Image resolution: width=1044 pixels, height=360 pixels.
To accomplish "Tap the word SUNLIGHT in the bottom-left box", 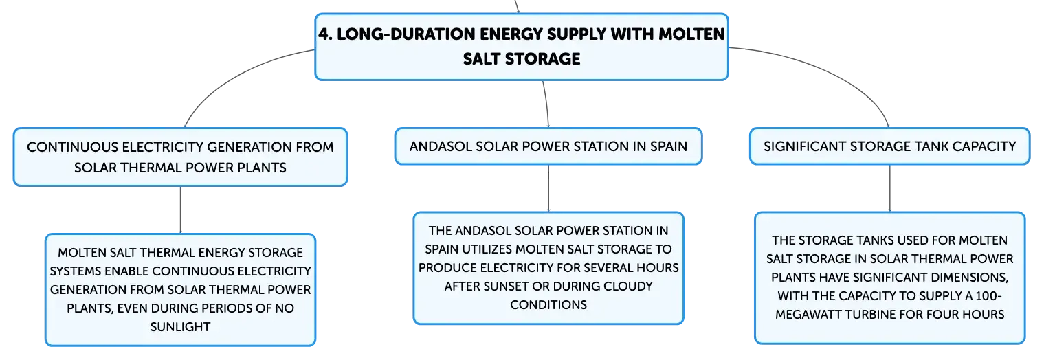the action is (x=180, y=327).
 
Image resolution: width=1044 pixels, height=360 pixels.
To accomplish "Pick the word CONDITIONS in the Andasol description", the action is (x=548, y=305).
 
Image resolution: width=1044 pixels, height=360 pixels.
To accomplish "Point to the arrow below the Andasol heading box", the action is (x=548, y=188).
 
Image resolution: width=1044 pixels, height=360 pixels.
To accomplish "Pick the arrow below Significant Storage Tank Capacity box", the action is (x=890, y=188).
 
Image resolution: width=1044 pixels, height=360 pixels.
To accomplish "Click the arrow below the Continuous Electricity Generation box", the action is (x=180, y=210).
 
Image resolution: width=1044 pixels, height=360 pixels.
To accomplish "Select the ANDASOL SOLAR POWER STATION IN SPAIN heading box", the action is (x=548, y=146).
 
